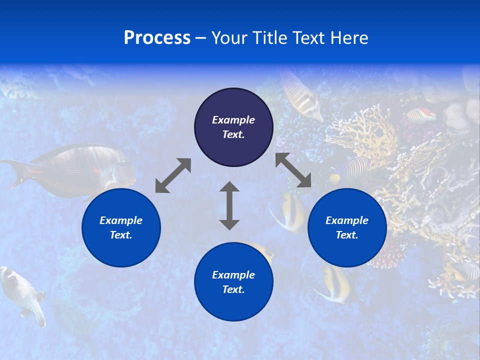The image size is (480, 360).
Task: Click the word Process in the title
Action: coord(157,38)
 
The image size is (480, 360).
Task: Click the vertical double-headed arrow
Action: coord(229,205)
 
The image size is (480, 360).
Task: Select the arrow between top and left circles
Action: coord(173,175)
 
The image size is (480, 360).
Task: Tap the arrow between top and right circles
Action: coord(293,170)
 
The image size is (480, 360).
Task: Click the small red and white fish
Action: coord(421,115)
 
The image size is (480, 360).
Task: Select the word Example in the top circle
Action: coord(233,120)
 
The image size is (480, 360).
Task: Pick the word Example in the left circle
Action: coord(121,220)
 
